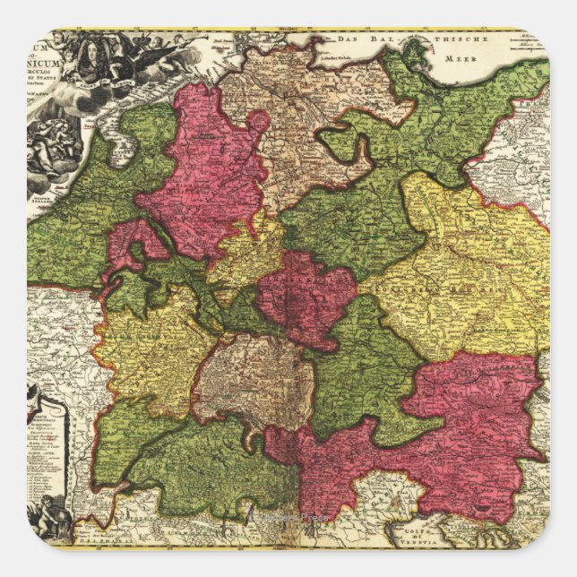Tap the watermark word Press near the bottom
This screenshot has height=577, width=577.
click(314, 518)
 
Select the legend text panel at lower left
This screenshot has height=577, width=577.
click(49, 448)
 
